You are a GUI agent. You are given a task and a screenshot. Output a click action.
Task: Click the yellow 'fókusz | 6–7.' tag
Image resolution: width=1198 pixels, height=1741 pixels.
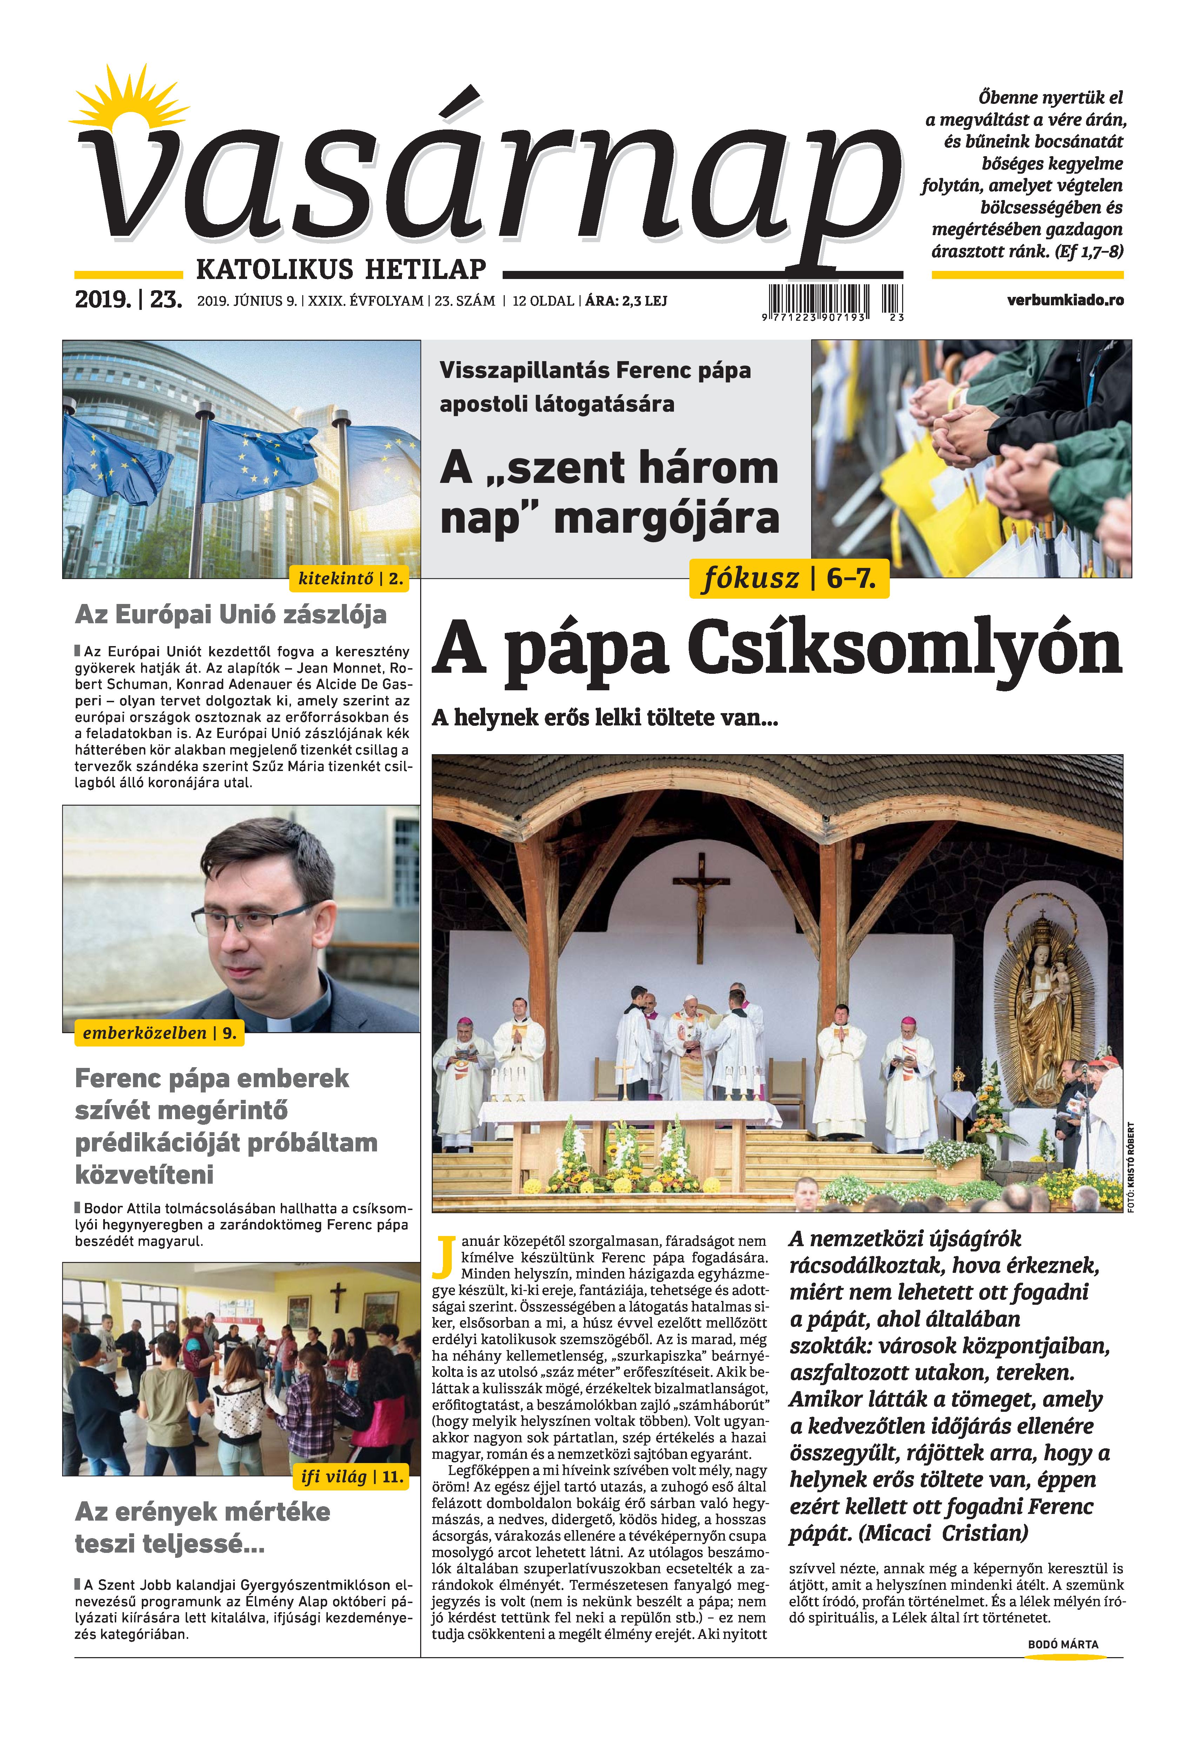click(788, 579)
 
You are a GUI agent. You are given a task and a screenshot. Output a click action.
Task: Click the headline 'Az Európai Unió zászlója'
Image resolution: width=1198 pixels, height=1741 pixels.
click(231, 614)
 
